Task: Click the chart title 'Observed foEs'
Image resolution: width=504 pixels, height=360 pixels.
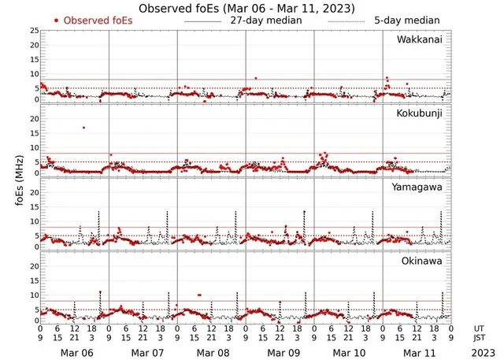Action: point(246,8)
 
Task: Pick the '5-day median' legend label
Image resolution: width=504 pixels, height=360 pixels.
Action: point(408,20)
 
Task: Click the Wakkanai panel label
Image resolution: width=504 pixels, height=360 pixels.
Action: point(424,39)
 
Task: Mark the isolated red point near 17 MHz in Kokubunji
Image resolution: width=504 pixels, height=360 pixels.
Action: point(83,128)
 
